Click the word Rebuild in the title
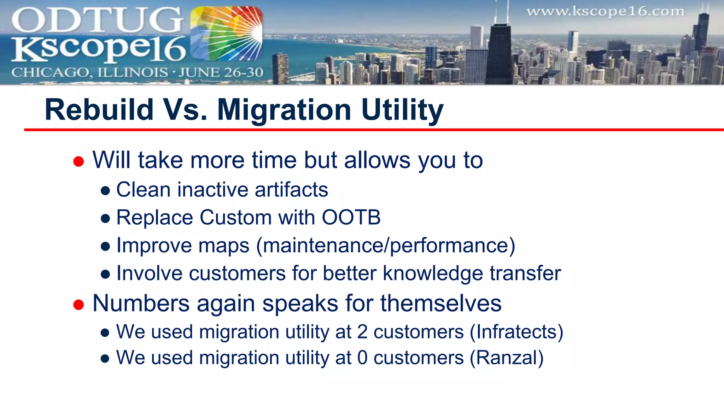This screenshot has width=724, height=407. [x=99, y=110]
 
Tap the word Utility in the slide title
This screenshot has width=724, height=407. [x=402, y=110]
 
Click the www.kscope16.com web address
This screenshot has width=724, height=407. [x=605, y=11]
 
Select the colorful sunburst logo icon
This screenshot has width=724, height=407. [x=227, y=34]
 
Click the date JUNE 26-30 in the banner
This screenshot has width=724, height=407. [x=221, y=72]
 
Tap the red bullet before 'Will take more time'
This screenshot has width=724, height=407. [x=78, y=161]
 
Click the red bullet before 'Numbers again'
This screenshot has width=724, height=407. [x=78, y=305]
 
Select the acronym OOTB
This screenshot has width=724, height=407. [x=351, y=217]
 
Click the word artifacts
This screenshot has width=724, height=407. [x=291, y=190]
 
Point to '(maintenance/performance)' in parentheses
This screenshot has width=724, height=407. [x=385, y=246]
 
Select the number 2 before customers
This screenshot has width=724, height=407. [x=362, y=332]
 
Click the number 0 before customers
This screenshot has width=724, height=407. [x=362, y=358]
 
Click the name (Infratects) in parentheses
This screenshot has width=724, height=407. [x=516, y=332]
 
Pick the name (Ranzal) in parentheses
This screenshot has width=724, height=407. [x=506, y=358]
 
